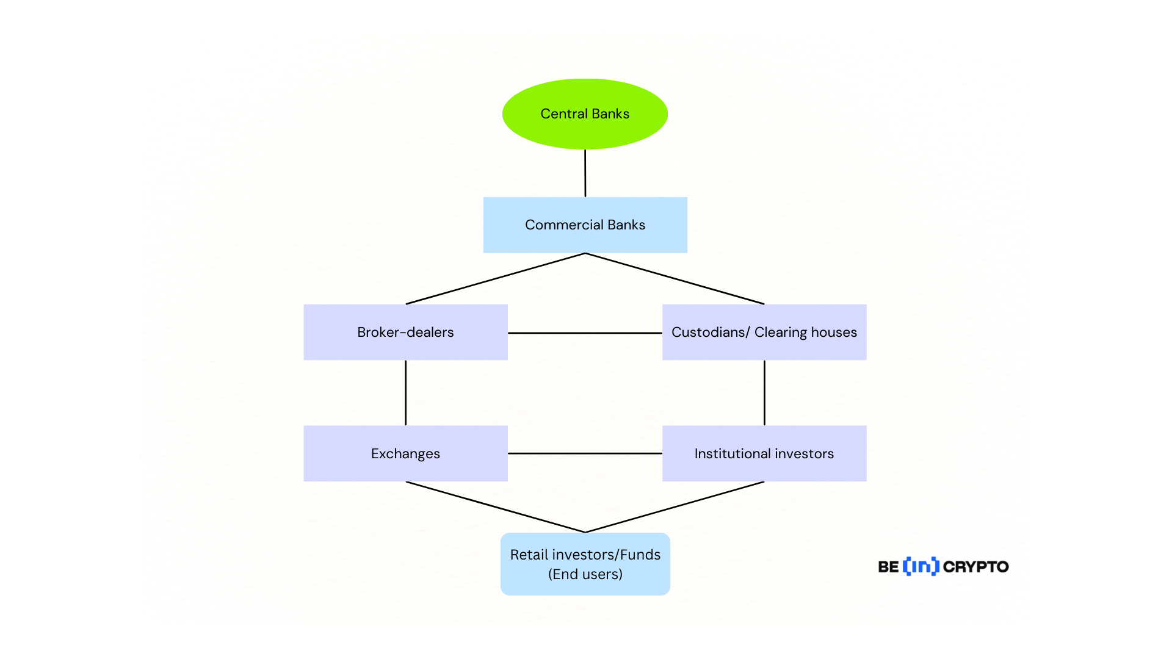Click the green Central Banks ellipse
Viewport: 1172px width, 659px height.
[x=585, y=114]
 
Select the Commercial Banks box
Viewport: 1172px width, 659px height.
[x=585, y=225]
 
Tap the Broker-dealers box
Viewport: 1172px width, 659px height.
[x=405, y=332]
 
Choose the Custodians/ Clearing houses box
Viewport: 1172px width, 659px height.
[x=764, y=332]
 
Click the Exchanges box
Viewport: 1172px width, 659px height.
[x=405, y=453]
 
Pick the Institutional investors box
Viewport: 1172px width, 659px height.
[x=764, y=453]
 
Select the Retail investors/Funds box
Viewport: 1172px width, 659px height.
[x=585, y=564]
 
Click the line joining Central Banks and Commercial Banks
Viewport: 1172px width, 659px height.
[x=585, y=173]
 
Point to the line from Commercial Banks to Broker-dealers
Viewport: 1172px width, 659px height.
[x=496, y=279]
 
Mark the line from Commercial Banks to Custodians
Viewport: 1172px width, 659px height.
[x=675, y=279]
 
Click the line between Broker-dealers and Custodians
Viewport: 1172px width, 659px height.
[x=585, y=333]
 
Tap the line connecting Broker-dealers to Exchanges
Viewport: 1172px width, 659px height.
[x=405, y=393]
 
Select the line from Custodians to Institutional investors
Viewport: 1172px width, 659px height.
[x=764, y=393]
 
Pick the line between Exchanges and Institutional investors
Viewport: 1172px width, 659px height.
[x=585, y=453]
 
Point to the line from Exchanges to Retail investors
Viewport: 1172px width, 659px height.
[x=496, y=507]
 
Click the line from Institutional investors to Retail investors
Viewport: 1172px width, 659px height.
[x=675, y=507]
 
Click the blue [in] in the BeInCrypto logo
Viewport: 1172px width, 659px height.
[x=921, y=566]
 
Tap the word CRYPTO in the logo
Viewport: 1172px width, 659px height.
[x=975, y=567]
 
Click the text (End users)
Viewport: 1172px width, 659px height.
[x=585, y=574]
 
